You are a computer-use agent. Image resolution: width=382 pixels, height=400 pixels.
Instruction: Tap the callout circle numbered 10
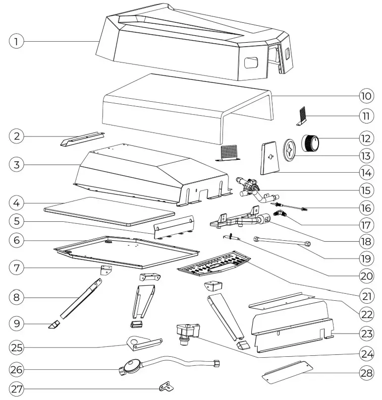pos(365,95)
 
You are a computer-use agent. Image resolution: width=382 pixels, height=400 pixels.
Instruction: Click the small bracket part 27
pos(165,386)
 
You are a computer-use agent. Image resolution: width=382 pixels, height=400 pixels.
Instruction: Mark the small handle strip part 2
pos(82,139)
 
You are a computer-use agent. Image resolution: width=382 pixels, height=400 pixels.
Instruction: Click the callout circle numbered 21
pos(365,296)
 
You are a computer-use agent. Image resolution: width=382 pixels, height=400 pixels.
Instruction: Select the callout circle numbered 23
pos(365,333)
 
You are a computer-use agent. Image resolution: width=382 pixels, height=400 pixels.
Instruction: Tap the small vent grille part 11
pos(303,116)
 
